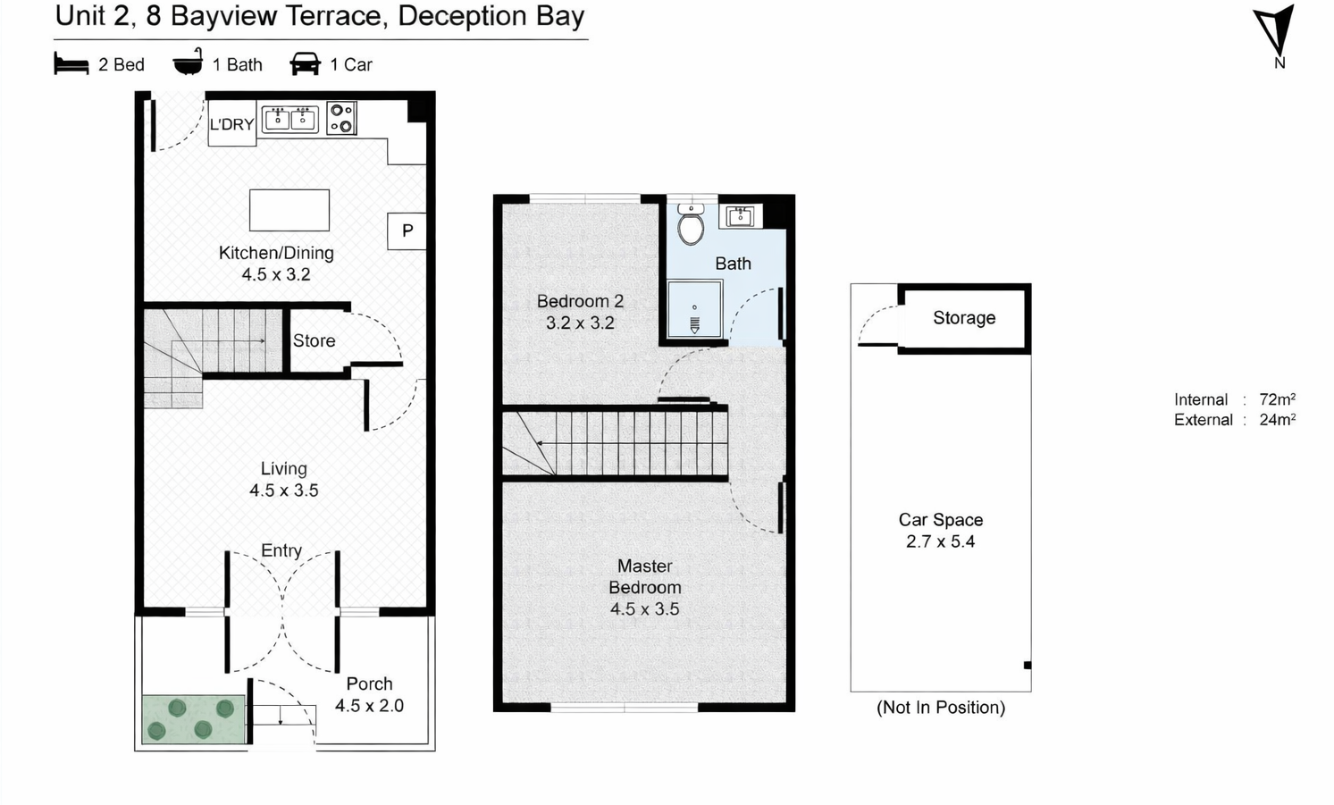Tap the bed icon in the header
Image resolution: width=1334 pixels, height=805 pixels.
pos(71,63)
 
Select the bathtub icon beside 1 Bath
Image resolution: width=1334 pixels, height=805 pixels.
pos(189,62)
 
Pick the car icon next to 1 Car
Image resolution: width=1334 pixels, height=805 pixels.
pos(306,64)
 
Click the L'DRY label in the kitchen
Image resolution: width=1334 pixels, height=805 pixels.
pos(231,124)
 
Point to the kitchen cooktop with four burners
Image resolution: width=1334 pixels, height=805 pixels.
pos(342,118)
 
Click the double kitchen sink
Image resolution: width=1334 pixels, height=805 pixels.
pos(290,119)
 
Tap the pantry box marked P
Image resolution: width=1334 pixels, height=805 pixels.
pos(407,231)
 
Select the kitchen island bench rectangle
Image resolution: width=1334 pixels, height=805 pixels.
pos(289,210)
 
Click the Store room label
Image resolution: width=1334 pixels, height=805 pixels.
pos(314,340)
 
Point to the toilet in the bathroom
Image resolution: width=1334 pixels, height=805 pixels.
pos(691,224)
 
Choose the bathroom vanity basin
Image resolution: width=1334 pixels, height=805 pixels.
pos(740,217)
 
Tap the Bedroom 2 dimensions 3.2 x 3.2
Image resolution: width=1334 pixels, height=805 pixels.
pos(580,323)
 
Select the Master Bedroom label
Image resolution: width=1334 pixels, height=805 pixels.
pos(645,576)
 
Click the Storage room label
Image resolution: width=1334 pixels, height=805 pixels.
pos(964,318)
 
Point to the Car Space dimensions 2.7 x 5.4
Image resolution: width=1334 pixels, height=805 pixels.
pos(940,541)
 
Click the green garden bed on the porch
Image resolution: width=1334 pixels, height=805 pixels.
pos(194,719)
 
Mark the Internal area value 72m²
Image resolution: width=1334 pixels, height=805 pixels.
pos(1278,399)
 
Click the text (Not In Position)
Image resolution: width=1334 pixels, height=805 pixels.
pos(941,708)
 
